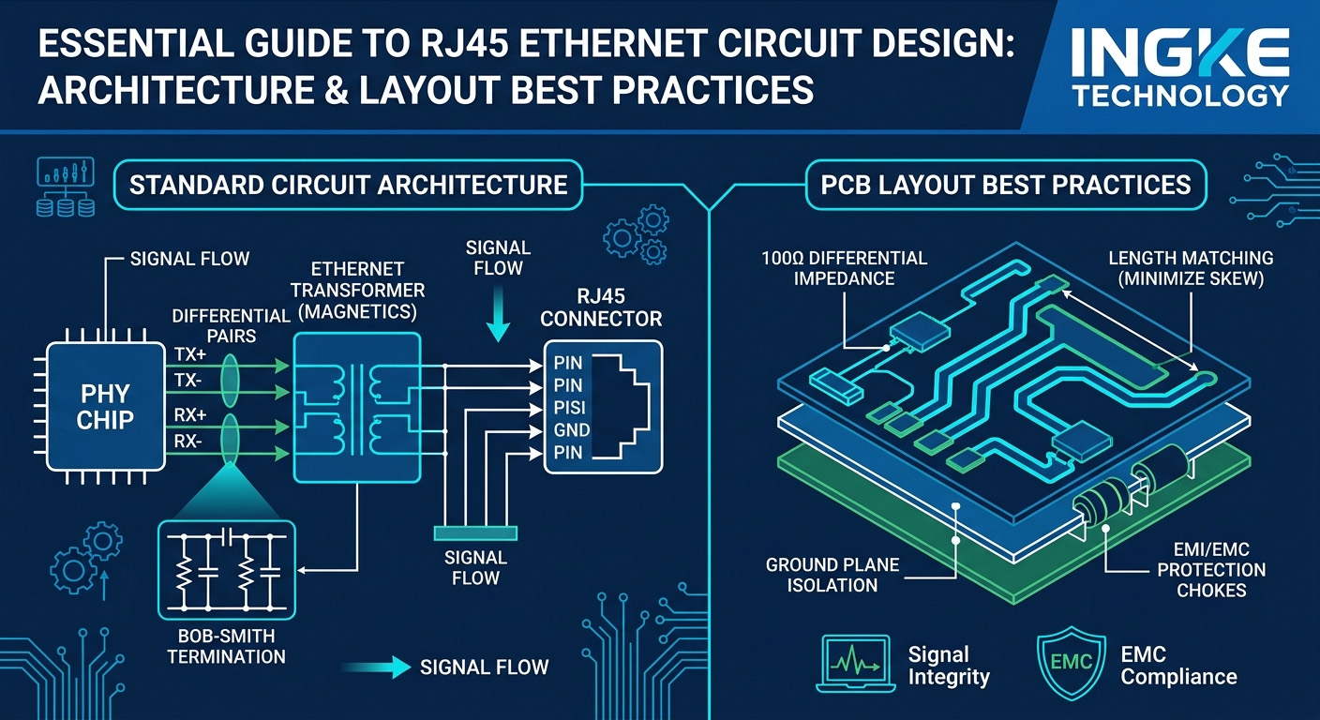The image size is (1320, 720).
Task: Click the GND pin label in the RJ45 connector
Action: (x=572, y=431)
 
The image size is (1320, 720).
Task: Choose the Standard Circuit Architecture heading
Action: (x=348, y=184)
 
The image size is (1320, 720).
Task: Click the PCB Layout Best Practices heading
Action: (x=1006, y=184)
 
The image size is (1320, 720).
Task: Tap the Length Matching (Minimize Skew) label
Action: (x=1190, y=267)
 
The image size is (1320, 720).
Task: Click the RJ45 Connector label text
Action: (x=602, y=307)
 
